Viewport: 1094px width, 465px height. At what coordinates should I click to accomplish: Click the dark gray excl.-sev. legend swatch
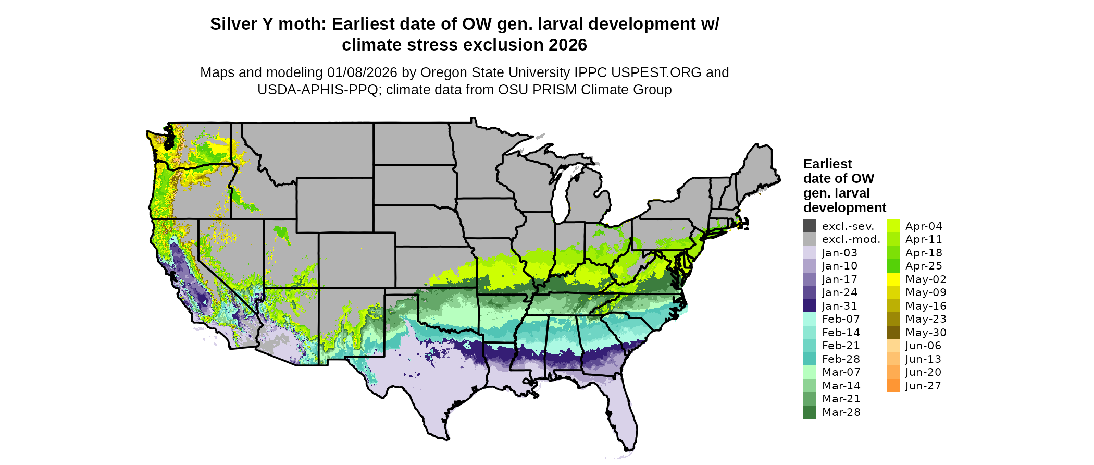810,226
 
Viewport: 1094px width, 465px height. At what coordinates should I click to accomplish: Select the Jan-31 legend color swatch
810,306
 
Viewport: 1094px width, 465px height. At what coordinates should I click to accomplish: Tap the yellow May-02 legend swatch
893,279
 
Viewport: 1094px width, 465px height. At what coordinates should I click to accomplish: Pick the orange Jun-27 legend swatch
893,386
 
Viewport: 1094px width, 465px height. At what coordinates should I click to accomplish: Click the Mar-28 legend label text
841,412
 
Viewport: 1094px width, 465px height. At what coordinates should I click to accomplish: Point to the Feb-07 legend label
841,319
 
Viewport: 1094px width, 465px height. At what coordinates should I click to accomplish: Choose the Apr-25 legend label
924,266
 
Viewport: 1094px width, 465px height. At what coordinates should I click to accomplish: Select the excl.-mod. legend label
851,239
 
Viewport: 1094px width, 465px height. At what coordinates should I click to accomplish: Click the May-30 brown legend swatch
893,333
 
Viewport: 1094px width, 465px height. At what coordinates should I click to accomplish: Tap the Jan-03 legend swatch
810,253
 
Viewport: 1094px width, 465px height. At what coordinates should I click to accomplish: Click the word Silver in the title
234,25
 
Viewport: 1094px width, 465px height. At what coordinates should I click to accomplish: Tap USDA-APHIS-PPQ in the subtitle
318,90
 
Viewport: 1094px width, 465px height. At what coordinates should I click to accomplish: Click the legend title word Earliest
827,164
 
